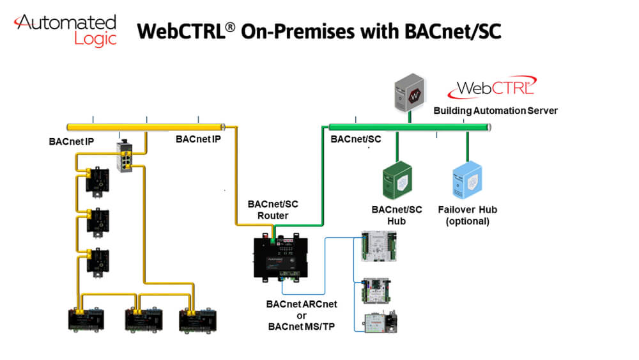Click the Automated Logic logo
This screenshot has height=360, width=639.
click(x=66, y=29)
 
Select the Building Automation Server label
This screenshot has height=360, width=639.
click(x=495, y=111)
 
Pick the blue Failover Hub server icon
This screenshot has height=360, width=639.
click(x=467, y=180)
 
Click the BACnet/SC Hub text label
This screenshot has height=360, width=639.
click(x=397, y=215)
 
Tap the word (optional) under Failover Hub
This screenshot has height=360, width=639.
click(x=468, y=221)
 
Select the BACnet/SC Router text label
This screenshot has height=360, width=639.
click(x=273, y=210)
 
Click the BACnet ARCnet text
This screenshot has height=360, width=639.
click(x=302, y=304)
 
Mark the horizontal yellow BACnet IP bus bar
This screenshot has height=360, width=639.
click(x=147, y=127)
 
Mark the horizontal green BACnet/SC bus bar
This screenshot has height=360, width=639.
click(x=409, y=127)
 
